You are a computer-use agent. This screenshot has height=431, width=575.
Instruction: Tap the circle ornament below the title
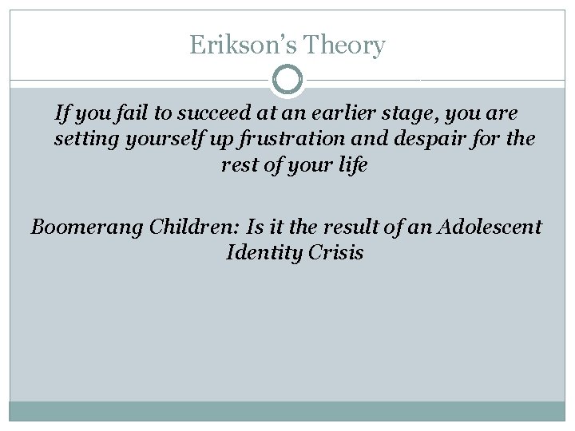pos(287,81)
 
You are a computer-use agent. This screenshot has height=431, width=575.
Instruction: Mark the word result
pos(341,227)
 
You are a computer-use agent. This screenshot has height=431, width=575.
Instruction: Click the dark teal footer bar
pos(287,410)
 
